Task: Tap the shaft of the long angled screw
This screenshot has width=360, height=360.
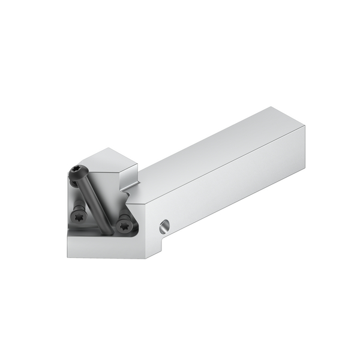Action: [x=94, y=200]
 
